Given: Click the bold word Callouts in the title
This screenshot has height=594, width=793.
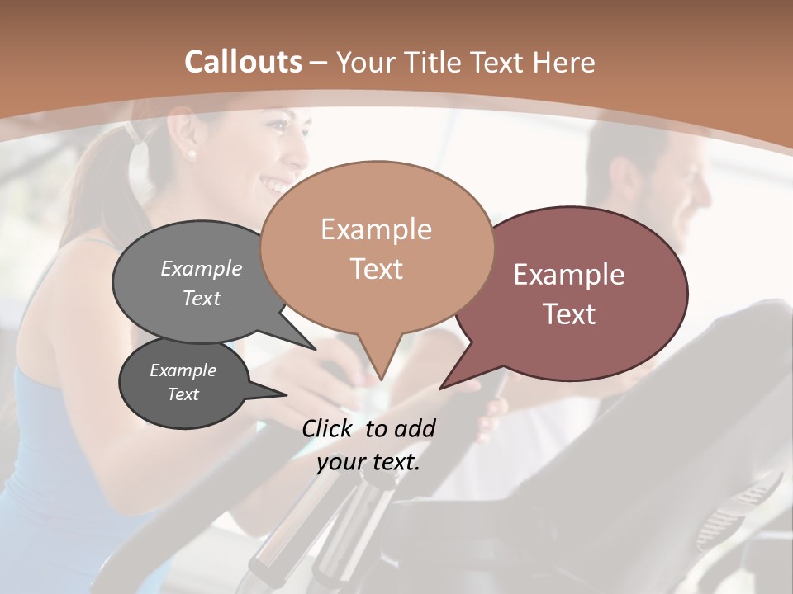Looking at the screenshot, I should tap(243, 62).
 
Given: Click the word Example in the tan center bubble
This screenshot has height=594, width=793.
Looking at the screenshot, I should tap(376, 229).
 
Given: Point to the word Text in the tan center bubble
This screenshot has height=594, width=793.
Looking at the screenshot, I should tap(376, 269).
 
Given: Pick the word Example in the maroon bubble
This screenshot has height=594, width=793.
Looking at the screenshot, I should tap(569, 275).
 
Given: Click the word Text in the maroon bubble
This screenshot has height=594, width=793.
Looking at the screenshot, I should tap(569, 314).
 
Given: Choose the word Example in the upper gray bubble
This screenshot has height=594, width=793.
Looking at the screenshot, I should tap(202, 269).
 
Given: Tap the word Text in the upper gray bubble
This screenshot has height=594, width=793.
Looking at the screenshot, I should tap(202, 298).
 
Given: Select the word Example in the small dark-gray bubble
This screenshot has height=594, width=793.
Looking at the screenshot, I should tap(183, 370).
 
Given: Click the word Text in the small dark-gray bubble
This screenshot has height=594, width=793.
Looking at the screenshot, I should tap(183, 394).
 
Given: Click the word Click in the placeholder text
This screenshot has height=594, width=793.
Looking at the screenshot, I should tap(328, 428).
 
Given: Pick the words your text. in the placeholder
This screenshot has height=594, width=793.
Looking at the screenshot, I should tap(368, 462).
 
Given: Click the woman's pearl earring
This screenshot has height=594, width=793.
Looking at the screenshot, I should tap(192, 153).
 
